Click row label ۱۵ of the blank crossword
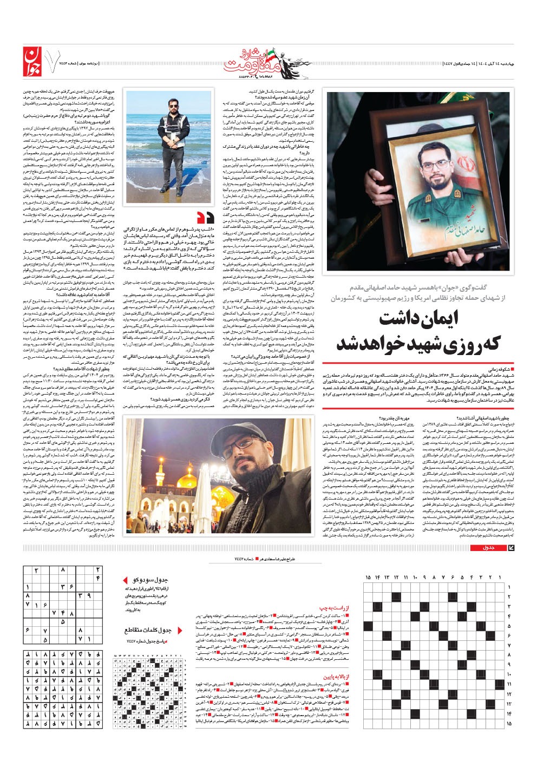509,723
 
